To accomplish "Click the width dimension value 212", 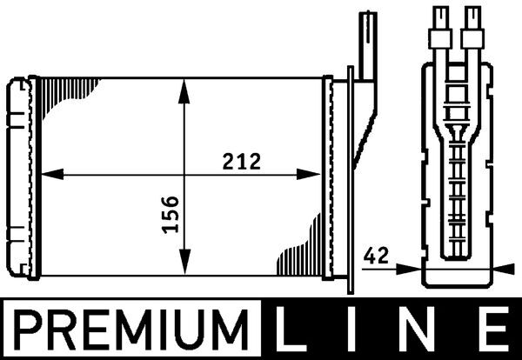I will coord(240,160).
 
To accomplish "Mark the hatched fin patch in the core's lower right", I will coord(299,256).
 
